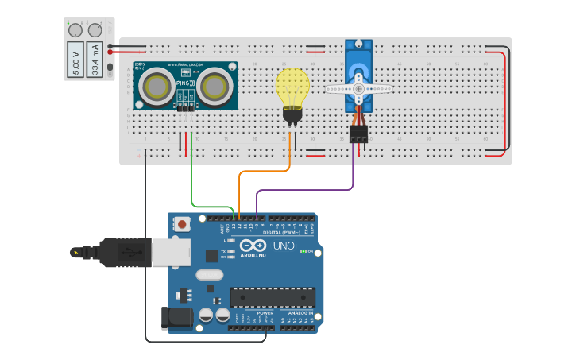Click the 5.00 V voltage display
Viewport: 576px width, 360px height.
pos(75,60)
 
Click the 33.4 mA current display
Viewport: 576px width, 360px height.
pos(95,60)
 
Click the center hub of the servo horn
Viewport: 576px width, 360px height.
pos(358,89)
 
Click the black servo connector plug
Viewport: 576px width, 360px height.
pos(359,133)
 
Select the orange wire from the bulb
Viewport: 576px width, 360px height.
pos(262,171)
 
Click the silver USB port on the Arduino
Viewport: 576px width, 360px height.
pos(172,253)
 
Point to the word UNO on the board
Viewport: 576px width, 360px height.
pos(284,246)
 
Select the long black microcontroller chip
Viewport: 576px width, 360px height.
pos(272,297)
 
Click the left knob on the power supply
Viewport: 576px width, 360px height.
pos(75,30)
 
